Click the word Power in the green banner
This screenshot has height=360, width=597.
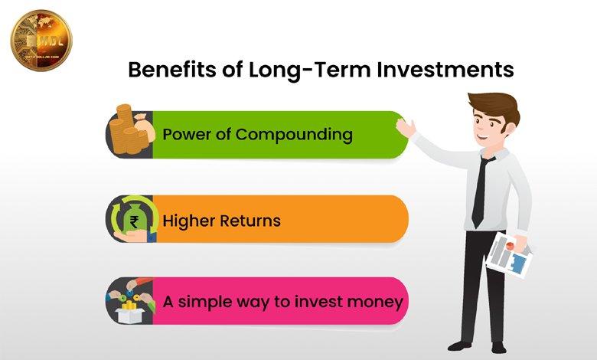(x=187, y=135)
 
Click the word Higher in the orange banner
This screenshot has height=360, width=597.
(x=189, y=221)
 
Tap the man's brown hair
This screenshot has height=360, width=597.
(x=493, y=105)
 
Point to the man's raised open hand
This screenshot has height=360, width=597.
(x=406, y=126)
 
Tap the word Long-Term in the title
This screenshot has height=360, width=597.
(x=295, y=70)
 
